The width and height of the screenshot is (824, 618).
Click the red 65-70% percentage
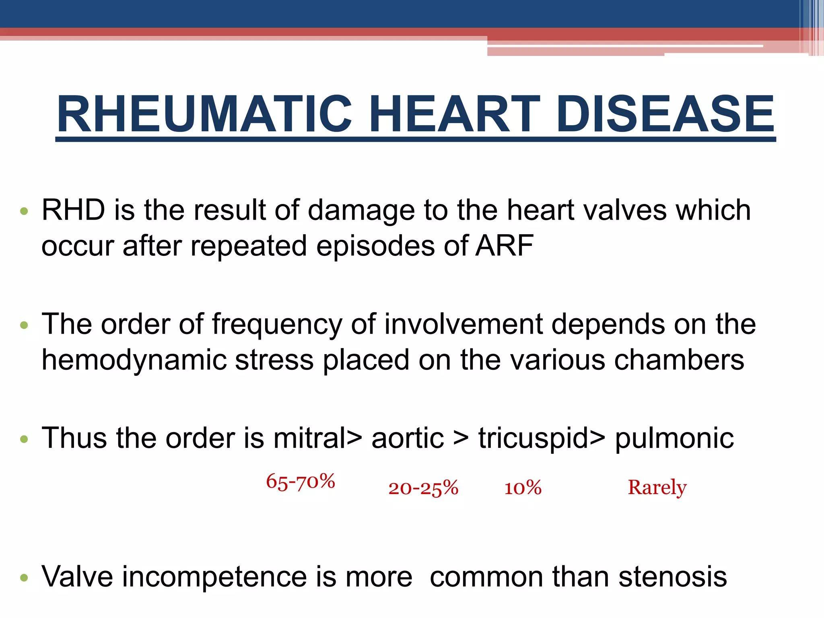[x=301, y=482]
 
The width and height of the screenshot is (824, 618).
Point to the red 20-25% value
[x=423, y=488]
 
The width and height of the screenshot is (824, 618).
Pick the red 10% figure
[x=523, y=488]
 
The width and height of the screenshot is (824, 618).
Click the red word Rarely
[x=657, y=488]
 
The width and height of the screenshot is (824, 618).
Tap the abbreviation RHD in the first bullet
[x=73, y=210]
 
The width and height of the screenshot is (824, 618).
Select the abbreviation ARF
[x=505, y=245]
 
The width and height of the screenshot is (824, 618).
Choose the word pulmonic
[x=674, y=439]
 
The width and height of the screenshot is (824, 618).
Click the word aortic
[x=408, y=438]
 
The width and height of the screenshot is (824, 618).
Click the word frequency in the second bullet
[x=277, y=324]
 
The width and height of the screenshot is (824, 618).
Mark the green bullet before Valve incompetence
[x=24, y=578]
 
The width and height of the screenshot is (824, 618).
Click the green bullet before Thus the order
[x=24, y=439]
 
